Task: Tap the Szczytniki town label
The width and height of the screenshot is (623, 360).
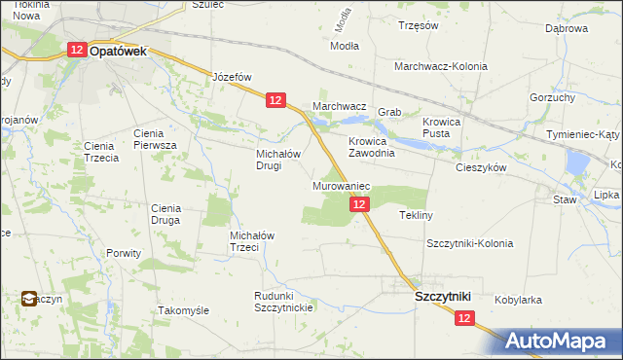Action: click(443, 296)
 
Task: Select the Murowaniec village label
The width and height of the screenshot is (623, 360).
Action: click(340, 185)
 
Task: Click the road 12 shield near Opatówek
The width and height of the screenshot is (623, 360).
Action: click(77, 51)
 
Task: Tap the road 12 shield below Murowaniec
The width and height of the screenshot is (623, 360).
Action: click(359, 204)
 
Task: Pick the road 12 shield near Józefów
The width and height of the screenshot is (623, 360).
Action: click(275, 99)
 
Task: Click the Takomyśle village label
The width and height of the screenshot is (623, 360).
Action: click(183, 310)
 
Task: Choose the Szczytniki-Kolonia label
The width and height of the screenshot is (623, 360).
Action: click(469, 243)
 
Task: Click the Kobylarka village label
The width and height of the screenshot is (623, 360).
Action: click(518, 301)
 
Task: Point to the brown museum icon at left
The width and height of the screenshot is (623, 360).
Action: click(31, 300)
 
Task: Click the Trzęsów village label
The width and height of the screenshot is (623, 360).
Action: click(418, 26)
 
